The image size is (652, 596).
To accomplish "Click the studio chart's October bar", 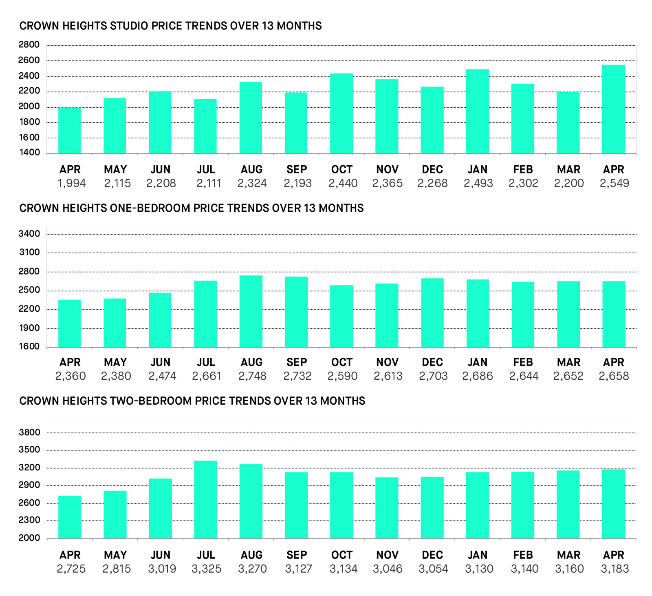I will point(341,113).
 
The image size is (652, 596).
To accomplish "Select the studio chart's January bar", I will point(478,111).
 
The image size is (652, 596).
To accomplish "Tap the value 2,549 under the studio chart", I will point(614,184).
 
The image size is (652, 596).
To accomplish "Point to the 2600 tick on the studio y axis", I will point(29,60).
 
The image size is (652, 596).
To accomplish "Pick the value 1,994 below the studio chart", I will point(72,184).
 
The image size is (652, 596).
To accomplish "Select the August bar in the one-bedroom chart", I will point(251,311).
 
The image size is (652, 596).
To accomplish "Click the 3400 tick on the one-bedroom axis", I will point(29,234).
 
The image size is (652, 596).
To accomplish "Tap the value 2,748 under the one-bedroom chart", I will point(252,376).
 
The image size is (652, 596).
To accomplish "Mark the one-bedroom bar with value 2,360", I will point(70,323).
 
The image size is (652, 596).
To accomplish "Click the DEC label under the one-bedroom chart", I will point(432,362).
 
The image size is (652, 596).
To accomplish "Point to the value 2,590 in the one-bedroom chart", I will point(342,376).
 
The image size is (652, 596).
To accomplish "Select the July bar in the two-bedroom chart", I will point(206,499).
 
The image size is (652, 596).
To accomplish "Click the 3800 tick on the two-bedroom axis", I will point(29,432).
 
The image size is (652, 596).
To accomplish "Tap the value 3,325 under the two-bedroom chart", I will point(206,569).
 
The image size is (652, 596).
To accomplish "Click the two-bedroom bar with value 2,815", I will point(115,514).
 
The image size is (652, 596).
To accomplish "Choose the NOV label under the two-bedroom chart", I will point(387,555).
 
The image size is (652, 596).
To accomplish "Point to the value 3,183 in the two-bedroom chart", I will point(615,569).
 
